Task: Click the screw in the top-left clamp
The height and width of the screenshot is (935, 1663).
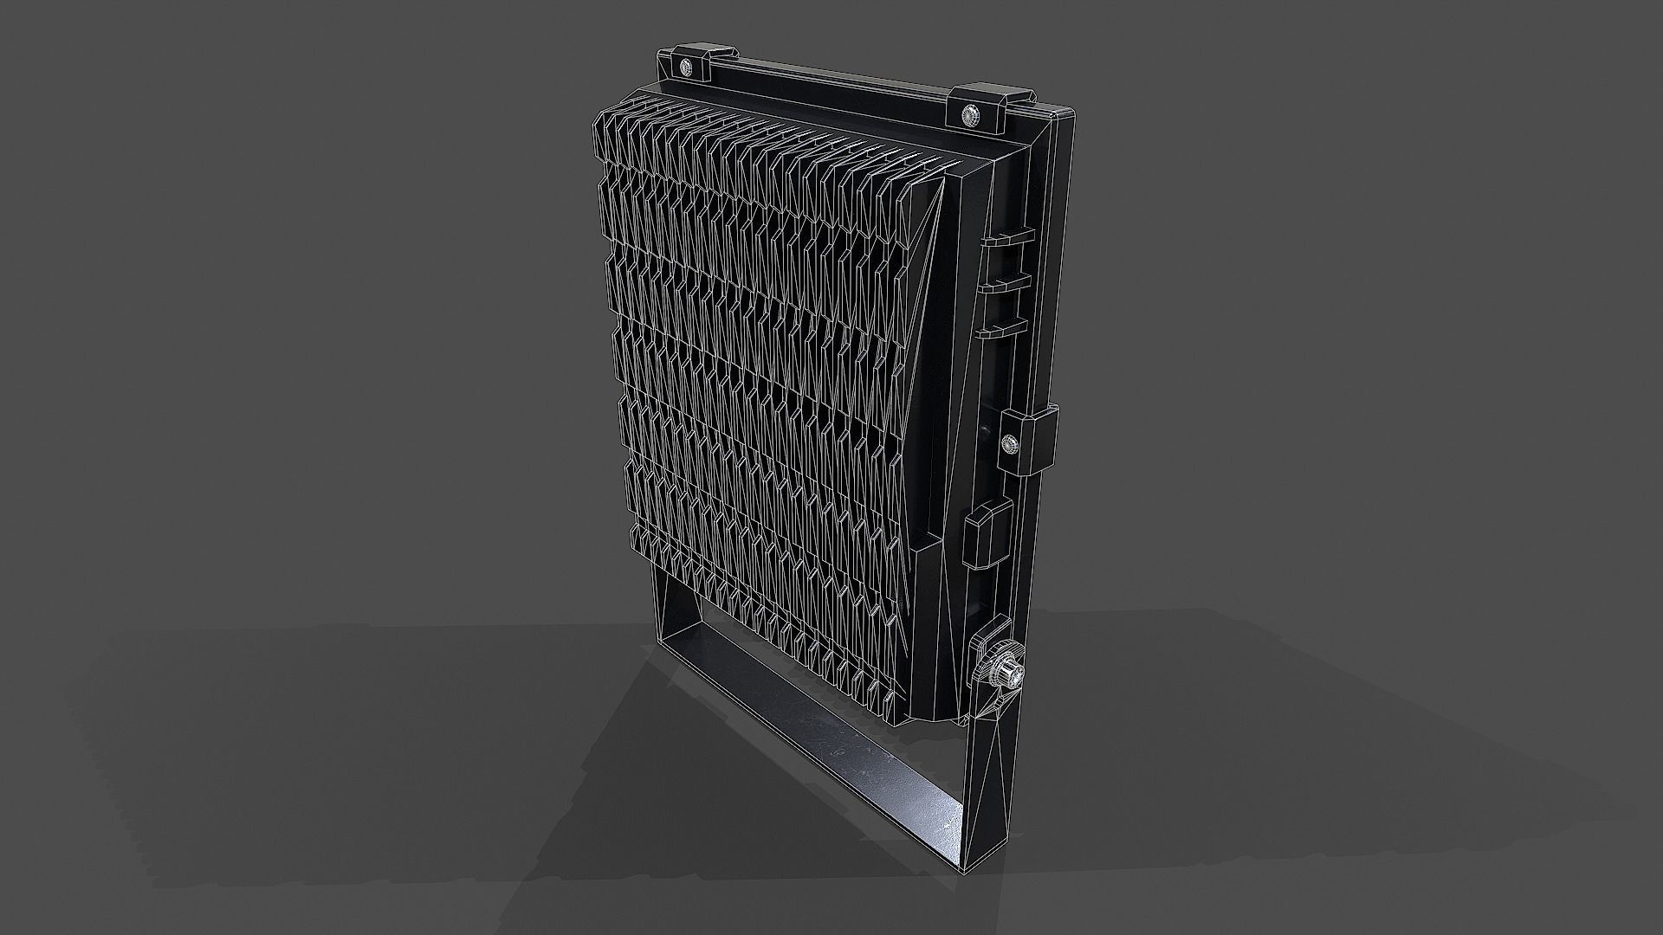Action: coord(686,67)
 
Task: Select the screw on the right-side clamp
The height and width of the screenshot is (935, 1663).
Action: coord(1008,445)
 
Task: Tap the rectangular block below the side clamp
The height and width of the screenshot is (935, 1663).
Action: coord(987,529)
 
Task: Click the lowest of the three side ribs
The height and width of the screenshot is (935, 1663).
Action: coord(1001,327)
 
